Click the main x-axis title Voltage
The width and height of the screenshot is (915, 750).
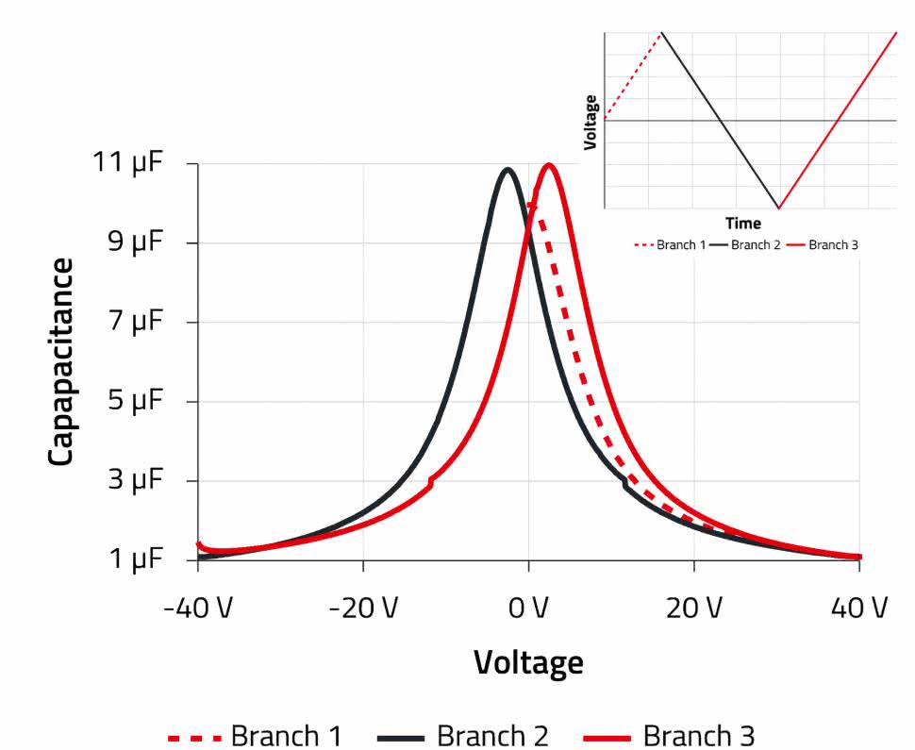[528, 662]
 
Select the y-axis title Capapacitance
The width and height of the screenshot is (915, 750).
[61, 361]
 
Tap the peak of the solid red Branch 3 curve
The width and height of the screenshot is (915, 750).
[548, 165]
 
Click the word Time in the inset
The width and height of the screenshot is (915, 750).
[743, 224]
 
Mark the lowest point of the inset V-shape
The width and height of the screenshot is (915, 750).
[778, 208]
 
